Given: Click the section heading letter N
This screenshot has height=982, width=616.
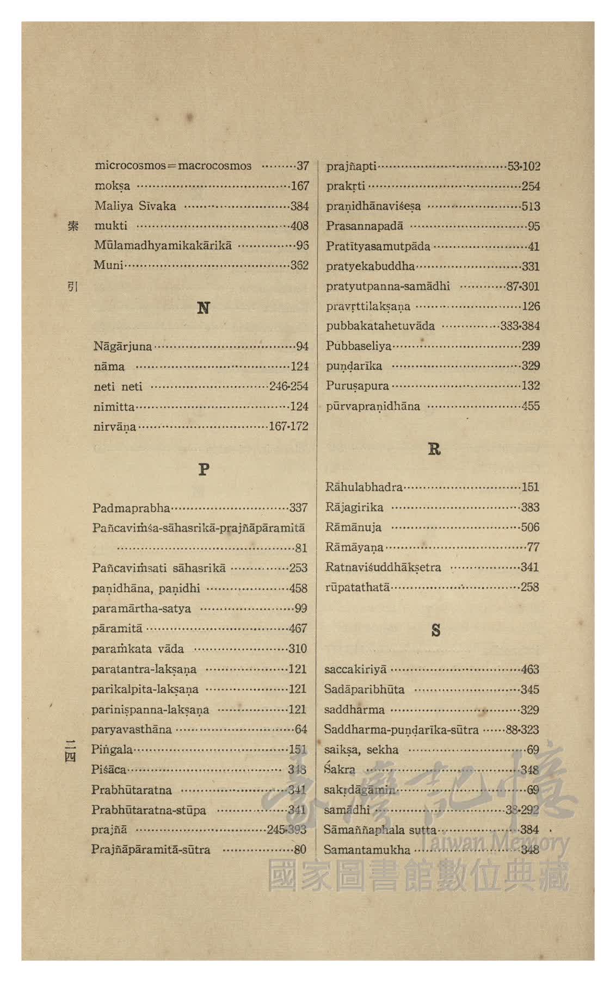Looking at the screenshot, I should coord(203,308).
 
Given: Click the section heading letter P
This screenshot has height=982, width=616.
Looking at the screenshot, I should coord(204,469).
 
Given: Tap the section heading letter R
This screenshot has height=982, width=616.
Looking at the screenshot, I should coord(434,449).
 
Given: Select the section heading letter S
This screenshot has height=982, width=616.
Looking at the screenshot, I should coord(435,630).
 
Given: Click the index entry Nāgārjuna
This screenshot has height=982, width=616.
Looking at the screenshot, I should coord(122,346).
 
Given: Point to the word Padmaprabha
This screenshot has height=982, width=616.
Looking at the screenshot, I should coord(131,508).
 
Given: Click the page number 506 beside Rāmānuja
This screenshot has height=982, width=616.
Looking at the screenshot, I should coord(529,527).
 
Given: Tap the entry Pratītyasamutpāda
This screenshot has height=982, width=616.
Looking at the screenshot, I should coord(378,246).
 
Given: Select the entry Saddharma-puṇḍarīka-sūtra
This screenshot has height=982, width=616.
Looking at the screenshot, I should coord(401,730).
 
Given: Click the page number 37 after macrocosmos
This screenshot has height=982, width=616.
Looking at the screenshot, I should coord(303,166).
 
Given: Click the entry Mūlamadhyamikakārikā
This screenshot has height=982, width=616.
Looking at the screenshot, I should coord(163,245).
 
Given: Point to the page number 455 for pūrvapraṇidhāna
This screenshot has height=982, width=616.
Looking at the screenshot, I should coord(530,406).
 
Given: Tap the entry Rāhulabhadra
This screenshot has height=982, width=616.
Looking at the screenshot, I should coord(364,487).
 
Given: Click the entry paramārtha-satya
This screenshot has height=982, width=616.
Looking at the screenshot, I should coord(141,608).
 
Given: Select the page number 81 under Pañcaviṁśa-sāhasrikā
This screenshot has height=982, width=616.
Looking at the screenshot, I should coord(301,548).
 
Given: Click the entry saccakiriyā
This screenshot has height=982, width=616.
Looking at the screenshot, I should coord(355,669).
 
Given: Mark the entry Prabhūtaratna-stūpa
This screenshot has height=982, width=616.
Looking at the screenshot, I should coord(149,810).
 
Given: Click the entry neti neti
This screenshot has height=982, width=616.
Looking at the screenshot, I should coord(118,387).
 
